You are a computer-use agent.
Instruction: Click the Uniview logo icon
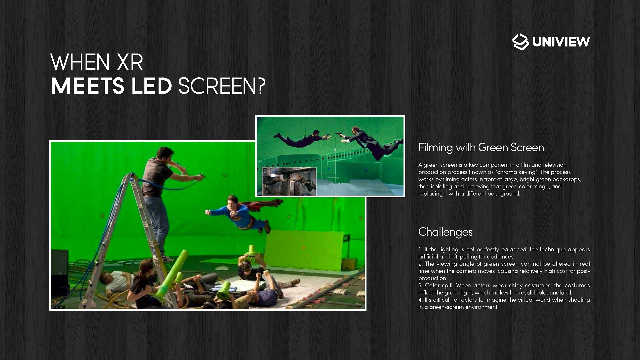coord(521,42)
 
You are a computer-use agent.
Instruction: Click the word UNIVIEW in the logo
coord(561,42)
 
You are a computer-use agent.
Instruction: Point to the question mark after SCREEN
coord(261,86)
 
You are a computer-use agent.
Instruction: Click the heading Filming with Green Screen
coord(481,147)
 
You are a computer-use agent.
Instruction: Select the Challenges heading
coord(445,232)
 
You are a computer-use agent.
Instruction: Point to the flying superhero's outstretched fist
coord(207,212)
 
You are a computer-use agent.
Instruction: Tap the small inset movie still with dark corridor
coord(289,181)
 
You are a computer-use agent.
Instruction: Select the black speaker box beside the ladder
coord(60,272)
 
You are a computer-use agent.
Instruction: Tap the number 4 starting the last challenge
coord(420,300)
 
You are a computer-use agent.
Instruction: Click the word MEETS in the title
coord(88,86)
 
